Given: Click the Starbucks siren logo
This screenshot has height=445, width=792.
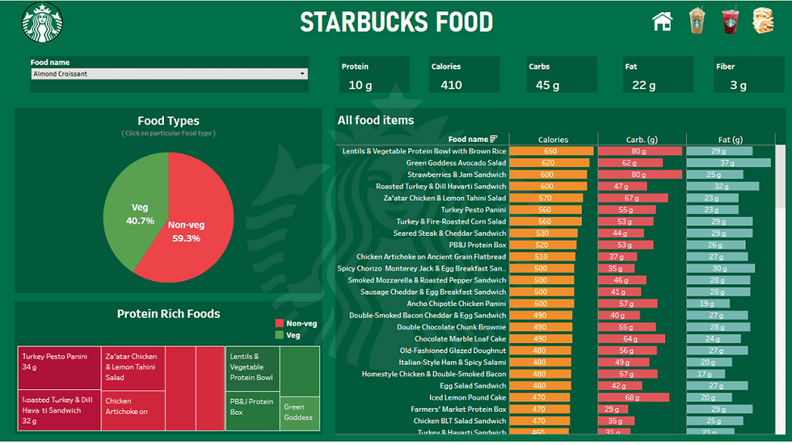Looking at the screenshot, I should coord(42,22).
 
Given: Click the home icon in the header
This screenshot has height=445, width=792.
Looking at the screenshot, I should coord(662,21).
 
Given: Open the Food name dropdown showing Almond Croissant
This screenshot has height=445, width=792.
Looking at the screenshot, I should coord(169,74).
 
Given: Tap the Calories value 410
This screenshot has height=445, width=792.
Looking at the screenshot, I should coord(451,85).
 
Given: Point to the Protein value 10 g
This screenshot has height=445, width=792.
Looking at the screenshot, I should coord(360,85).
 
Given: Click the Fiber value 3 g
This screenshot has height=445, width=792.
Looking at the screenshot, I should coord(738,85).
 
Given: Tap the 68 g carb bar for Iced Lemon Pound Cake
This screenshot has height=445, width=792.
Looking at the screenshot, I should coord(634,397).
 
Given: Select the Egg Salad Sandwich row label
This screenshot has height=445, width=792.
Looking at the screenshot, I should coord(473,385).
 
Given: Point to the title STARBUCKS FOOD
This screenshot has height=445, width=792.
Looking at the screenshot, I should coord(396,22).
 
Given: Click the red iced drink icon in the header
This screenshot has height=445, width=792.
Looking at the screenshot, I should coord(730,21).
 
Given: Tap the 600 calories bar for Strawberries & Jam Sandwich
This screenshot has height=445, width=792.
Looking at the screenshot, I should coord(547,174).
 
